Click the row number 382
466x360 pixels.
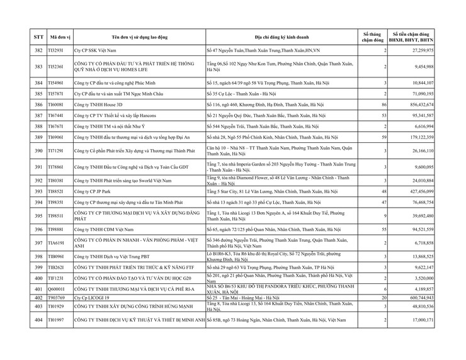pyautogui.click(x=38, y=50)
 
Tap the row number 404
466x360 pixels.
pyautogui.click(x=38, y=320)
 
